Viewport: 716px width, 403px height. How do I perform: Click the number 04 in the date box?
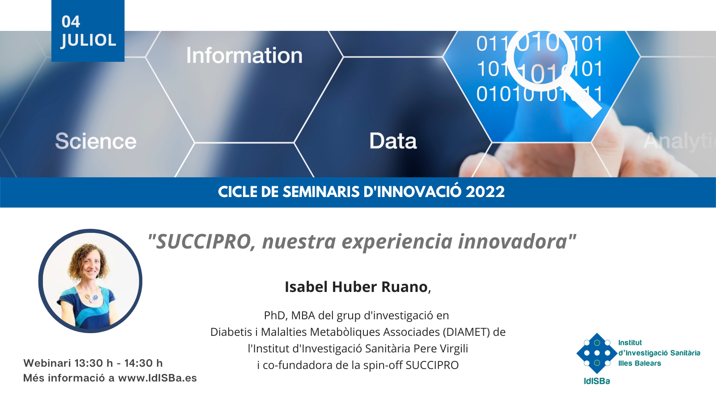click(71, 22)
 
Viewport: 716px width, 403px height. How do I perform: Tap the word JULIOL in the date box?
click(89, 41)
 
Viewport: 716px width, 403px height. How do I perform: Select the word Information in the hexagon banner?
click(244, 56)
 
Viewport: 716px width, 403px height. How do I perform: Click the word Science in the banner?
click(96, 141)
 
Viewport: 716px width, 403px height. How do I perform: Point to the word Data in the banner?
click(393, 141)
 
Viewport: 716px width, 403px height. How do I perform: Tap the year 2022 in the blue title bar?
click(485, 192)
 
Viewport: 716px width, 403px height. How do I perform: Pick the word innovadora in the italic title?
click(513, 241)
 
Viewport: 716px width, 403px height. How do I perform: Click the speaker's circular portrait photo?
click(90, 281)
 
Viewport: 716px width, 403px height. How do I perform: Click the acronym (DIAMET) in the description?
click(466, 332)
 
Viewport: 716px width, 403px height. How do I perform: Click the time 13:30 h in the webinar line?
click(94, 363)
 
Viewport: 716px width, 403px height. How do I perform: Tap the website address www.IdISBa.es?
click(157, 378)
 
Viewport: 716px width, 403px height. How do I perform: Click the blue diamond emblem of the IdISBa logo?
click(597, 353)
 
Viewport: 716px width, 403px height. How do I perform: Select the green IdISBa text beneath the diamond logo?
click(597, 381)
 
